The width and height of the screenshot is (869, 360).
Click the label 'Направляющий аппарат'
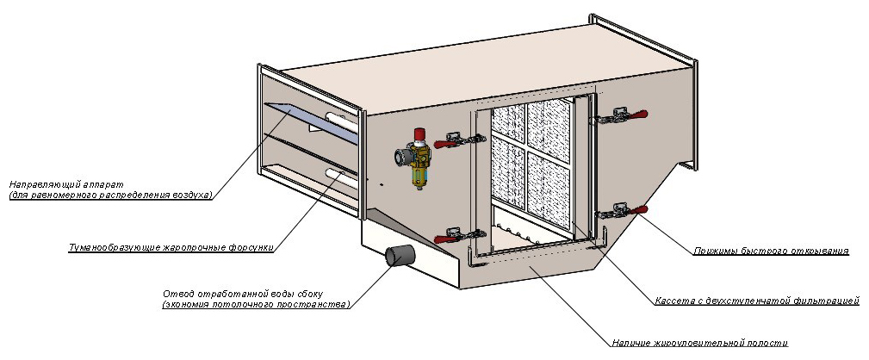66,185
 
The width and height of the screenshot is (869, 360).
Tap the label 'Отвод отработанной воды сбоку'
249,293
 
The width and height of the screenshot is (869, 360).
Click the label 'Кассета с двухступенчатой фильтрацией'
757,301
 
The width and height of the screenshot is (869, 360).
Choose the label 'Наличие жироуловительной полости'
700,343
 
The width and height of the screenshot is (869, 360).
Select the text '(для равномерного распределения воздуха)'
110,196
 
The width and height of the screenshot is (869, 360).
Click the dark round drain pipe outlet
399,257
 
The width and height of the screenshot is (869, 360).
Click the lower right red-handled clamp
624,209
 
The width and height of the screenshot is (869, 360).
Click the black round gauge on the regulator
400,158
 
